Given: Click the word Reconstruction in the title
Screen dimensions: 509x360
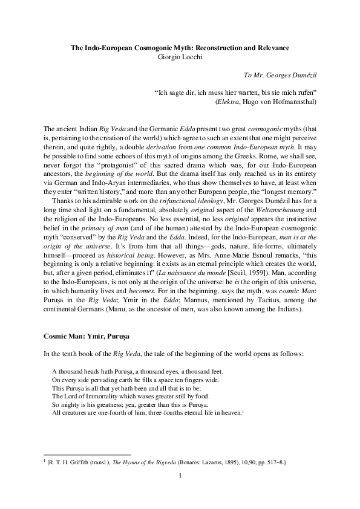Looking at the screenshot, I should click(224, 47).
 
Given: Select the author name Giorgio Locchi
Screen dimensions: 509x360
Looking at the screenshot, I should click(180, 56).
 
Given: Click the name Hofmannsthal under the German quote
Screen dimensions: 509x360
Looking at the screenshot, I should click(293, 102).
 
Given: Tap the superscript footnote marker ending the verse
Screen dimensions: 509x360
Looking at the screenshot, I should click(243, 410).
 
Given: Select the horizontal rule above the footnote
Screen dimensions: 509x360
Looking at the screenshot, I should click(87, 455).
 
